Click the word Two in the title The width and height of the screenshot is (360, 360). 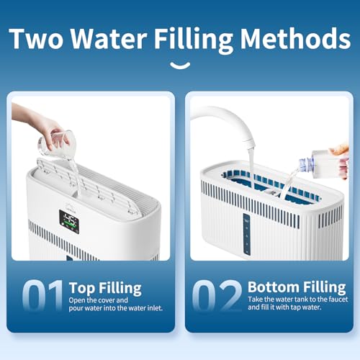click(37, 38)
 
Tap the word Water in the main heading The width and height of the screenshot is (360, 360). click(109, 38)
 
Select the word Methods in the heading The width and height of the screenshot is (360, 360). click(296, 38)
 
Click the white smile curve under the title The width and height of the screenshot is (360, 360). click(180, 66)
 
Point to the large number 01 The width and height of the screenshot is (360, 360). click(42, 296)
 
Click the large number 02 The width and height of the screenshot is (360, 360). click(217, 296)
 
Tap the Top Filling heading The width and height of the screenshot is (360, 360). click(105, 288)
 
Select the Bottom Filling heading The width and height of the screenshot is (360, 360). click(297, 287)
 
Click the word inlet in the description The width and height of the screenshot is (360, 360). click(155, 308)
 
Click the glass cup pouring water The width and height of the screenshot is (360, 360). click(56, 143)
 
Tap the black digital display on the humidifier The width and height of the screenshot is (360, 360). click(69, 222)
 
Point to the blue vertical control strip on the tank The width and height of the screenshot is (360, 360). click(247, 234)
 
